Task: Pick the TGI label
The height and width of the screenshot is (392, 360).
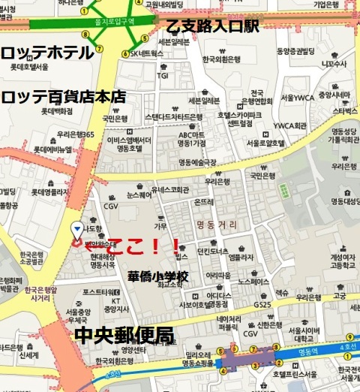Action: point(163,75)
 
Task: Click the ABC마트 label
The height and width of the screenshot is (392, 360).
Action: point(191,135)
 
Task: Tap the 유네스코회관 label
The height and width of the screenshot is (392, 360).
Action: point(169,190)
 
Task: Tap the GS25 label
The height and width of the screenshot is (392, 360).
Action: point(283,304)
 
